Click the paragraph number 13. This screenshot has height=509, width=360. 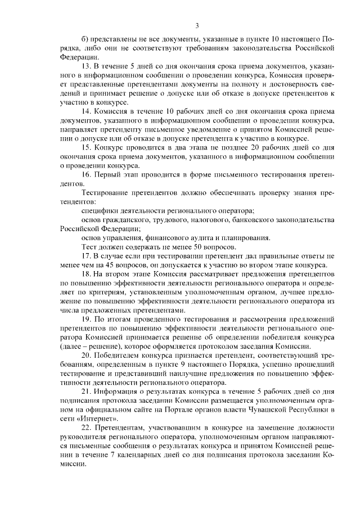pyautogui.click(x=86, y=66)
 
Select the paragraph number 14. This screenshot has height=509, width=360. pyautogui.click(x=86, y=111)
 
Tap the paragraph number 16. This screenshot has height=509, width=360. pyautogui.click(x=86, y=175)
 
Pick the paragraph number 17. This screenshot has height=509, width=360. pyautogui.click(x=86, y=256)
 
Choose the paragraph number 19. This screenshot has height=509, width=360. pyautogui.click(x=86, y=319)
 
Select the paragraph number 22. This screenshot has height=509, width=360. pyautogui.click(x=86, y=428)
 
